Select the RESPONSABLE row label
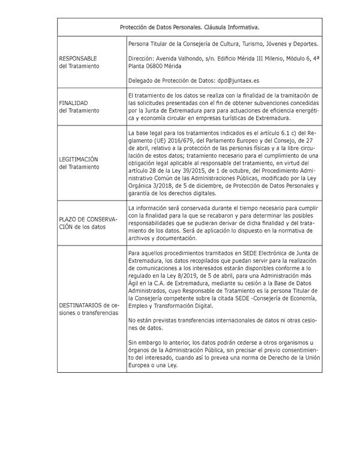[x=79, y=58]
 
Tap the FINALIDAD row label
[x=73, y=103]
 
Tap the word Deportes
[x=302, y=44]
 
